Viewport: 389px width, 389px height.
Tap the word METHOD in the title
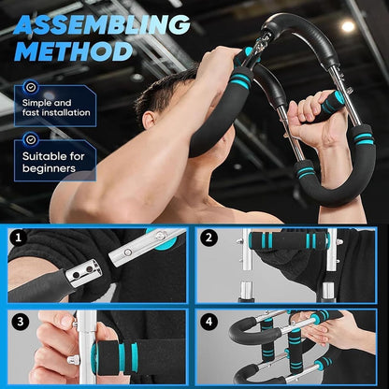pos(73,50)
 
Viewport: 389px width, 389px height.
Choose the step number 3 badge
pos(19,321)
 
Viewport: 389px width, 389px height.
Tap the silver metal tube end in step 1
pos(141,247)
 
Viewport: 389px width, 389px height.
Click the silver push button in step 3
pos(72,357)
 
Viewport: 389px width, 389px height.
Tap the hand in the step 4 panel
pos(351,332)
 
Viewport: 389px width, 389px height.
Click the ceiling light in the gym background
pos(348,26)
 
